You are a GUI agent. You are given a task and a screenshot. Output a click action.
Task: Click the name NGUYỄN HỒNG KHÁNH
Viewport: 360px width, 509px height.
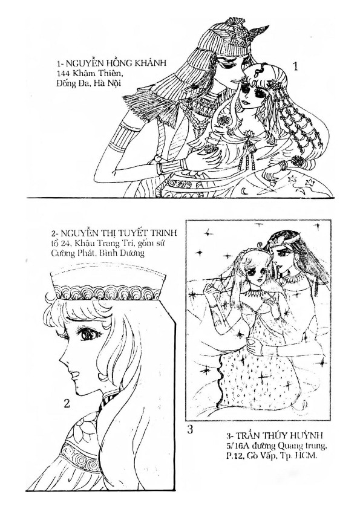(111, 63)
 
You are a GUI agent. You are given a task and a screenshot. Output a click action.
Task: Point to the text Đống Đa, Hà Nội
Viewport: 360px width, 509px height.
(88, 83)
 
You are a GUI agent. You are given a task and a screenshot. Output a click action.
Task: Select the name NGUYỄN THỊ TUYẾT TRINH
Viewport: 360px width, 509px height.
(114, 233)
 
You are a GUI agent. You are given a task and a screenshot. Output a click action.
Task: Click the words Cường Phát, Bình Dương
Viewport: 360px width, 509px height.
(97, 253)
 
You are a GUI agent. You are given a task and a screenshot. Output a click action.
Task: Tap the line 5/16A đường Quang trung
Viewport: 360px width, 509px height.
(277, 446)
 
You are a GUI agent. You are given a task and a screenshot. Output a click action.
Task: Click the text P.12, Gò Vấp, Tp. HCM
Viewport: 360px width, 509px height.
(271, 456)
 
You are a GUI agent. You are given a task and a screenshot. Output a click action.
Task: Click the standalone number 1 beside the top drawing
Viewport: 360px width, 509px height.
(295, 66)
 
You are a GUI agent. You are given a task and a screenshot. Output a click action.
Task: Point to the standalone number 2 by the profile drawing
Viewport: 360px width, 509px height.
(67, 403)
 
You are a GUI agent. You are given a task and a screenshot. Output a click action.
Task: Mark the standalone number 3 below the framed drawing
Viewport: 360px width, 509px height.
(190, 429)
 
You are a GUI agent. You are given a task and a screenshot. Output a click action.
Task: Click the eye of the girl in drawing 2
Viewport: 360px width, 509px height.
(88, 334)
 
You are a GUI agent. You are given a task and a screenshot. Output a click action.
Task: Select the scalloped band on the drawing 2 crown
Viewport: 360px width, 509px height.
(106, 293)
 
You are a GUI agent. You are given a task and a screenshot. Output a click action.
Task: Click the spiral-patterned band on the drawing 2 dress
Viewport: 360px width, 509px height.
(79, 455)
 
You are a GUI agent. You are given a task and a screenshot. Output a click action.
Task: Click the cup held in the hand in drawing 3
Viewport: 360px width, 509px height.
(252, 343)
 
